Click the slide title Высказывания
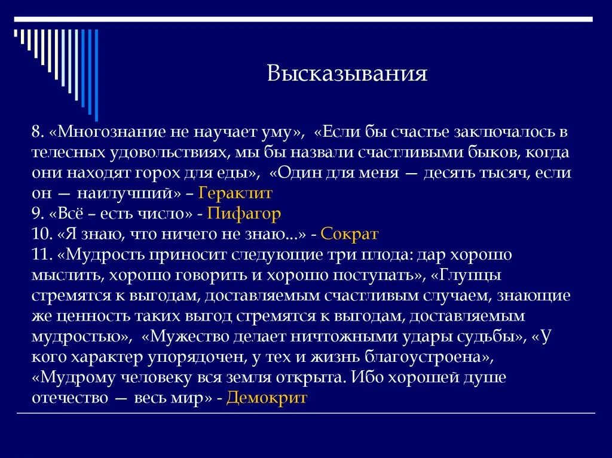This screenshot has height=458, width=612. pyautogui.click(x=347, y=74)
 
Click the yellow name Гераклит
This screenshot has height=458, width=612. pyautogui.click(x=235, y=193)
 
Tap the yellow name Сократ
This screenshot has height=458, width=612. pyautogui.click(x=350, y=233)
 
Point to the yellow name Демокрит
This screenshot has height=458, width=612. pyautogui.click(x=267, y=398)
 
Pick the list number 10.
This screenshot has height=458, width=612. pyautogui.click(x=40, y=233)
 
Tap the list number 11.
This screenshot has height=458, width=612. pyautogui.click(x=40, y=254)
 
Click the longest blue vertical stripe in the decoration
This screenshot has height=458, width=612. pyautogui.click(x=96, y=75)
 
